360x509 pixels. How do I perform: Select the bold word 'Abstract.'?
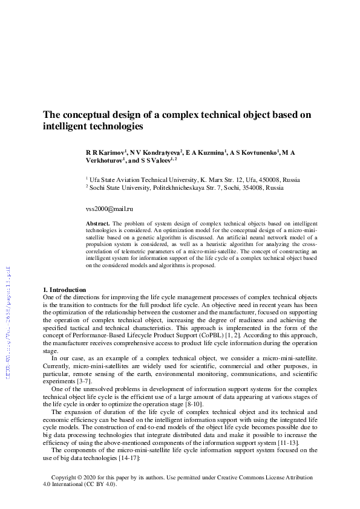click(100, 224)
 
